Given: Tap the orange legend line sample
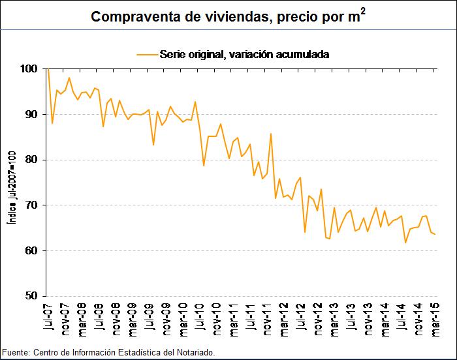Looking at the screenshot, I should (147, 55).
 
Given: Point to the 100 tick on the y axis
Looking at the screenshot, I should (29, 68).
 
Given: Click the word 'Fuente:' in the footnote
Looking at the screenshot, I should (15, 353).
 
